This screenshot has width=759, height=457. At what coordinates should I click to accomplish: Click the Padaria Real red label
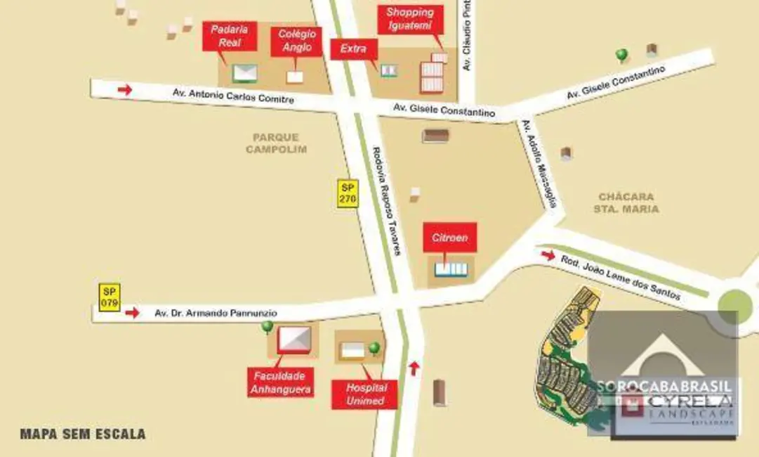click(230, 36)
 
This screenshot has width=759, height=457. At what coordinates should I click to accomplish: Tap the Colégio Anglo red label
click(297, 41)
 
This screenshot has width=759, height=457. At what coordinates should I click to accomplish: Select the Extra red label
click(354, 49)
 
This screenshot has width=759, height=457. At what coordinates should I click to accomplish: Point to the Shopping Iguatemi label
click(410, 19)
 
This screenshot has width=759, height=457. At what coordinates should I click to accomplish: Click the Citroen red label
click(450, 238)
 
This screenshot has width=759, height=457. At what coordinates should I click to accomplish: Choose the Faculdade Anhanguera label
click(279, 382)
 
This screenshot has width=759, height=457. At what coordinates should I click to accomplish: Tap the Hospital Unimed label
click(365, 394)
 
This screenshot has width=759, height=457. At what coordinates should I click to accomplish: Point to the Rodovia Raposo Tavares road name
click(385, 201)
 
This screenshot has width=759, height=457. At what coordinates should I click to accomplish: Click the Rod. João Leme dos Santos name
click(621, 277)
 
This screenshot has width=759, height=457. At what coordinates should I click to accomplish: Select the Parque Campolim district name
click(277, 143)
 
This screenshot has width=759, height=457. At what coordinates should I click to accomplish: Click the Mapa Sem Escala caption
click(83, 434)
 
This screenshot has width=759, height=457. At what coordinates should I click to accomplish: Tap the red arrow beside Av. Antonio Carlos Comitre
click(125, 89)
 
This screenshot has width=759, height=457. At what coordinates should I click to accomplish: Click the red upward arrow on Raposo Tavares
click(414, 367)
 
